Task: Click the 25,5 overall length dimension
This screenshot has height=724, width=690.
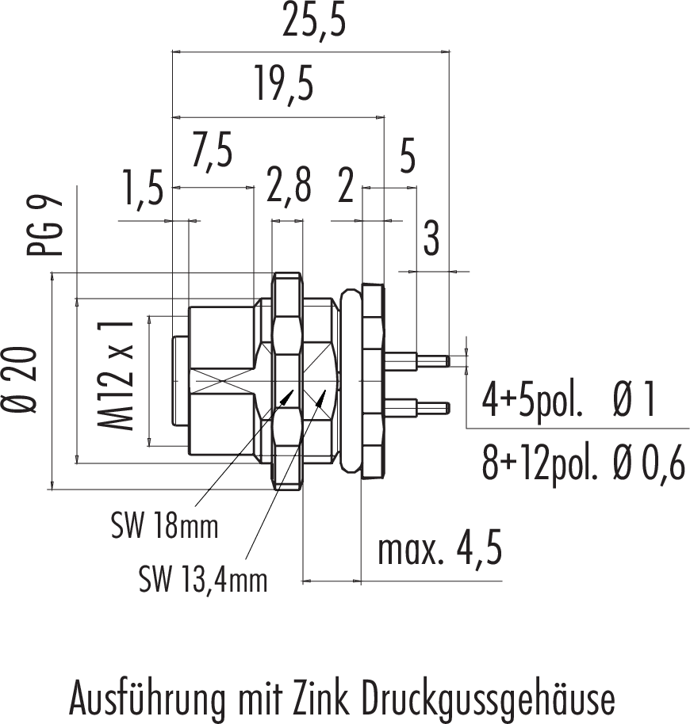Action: click(315, 25)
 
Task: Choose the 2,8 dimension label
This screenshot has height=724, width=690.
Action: click(288, 189)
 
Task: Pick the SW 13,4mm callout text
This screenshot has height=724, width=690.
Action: click(203, 581)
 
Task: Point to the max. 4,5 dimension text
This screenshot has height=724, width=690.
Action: click(439, 551)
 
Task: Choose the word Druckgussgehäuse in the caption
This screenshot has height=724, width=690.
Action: click(489, 699)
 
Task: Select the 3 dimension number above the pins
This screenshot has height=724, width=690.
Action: click(431, 239)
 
